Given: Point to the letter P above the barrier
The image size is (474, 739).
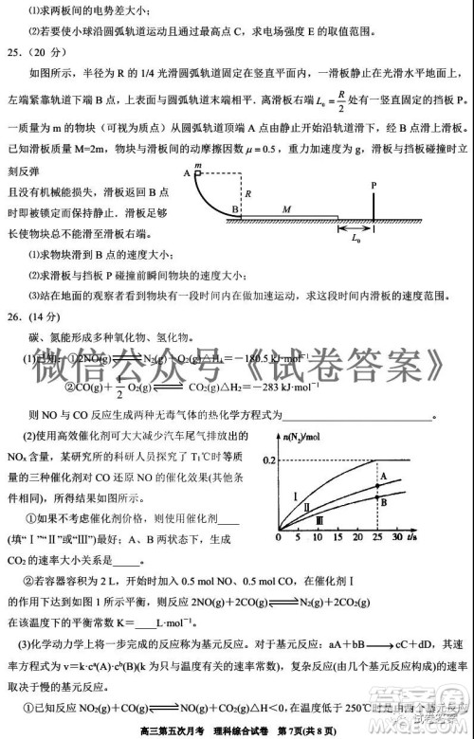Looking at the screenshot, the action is (x=374, y=185).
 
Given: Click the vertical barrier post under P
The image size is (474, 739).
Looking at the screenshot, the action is (x=374, y=205).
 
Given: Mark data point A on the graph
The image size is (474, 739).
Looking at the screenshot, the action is (x=382, y=474).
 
